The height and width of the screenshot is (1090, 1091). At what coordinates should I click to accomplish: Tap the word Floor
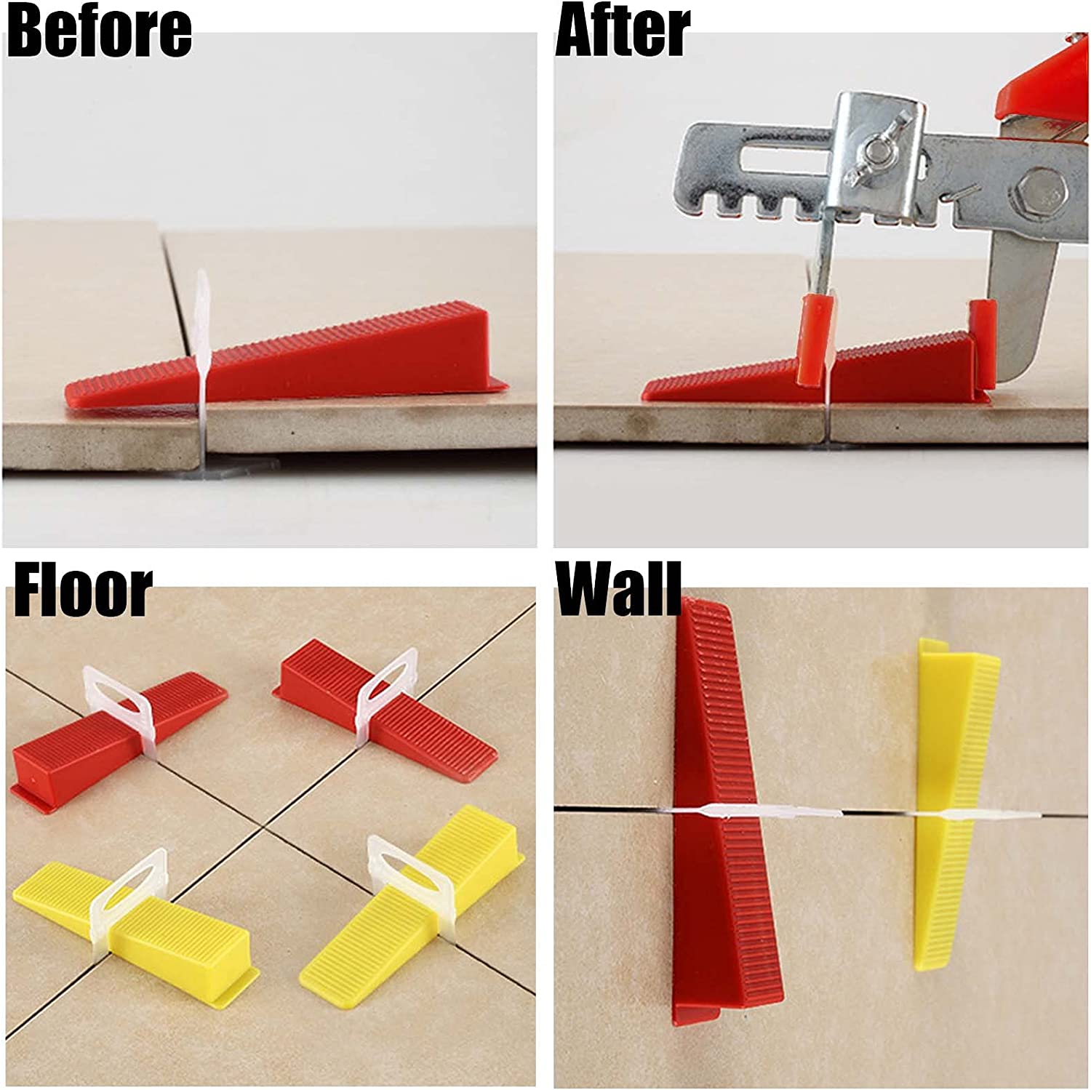[x=83, y=592]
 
